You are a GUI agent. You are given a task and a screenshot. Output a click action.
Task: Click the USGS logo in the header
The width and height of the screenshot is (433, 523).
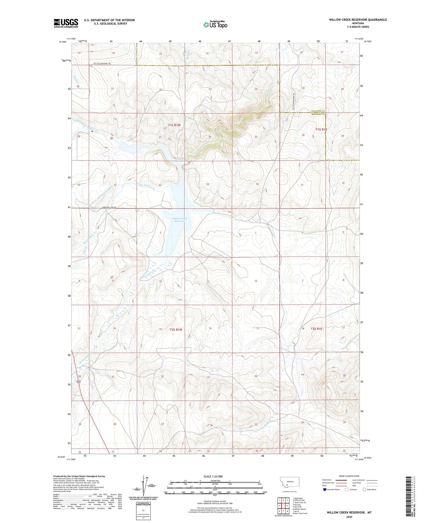point(66,23)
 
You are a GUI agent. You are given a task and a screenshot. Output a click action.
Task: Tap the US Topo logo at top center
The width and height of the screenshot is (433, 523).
point(215,25)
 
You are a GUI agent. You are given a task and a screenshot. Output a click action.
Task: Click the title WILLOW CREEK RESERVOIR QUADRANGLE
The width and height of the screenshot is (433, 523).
point(358,20)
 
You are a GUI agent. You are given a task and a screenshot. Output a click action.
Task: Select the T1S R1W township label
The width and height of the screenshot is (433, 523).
point(174,126)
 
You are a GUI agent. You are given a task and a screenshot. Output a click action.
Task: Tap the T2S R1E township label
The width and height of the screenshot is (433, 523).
point(316,329)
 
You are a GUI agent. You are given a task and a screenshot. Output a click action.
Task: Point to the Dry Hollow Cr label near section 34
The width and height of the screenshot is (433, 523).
point(147,187)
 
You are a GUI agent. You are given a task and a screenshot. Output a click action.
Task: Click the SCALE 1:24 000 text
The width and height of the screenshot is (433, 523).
point(213,476)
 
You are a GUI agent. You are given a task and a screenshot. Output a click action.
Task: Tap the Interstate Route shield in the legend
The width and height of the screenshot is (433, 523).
point(325,489)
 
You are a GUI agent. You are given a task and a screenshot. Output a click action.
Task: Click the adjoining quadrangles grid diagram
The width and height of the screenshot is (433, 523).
point(283,506)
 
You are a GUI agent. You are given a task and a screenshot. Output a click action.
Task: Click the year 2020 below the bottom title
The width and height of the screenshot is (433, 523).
point(349,517)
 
